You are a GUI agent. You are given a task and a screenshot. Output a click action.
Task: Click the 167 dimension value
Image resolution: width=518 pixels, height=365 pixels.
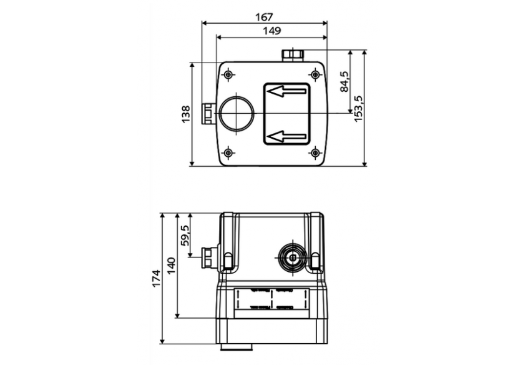pos(264,16)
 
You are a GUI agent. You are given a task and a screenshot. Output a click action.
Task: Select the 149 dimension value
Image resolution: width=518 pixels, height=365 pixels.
pos(271,30)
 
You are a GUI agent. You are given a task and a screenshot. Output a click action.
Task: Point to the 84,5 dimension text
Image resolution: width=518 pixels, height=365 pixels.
pos(344,82)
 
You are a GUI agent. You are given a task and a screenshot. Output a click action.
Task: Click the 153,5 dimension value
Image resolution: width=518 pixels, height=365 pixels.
pos(359,108)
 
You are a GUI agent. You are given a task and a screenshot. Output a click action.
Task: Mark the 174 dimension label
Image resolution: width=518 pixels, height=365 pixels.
pos(157,278)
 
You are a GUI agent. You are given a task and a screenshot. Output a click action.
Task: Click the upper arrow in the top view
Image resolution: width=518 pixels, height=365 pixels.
pos(286,92)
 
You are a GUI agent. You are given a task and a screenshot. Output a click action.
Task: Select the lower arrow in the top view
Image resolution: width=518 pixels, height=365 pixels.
pos(286,136)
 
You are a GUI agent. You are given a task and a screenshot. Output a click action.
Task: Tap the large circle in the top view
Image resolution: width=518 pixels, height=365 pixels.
pos(237,114)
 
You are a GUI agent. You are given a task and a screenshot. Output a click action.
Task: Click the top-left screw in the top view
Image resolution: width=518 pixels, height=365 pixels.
pos(228,76)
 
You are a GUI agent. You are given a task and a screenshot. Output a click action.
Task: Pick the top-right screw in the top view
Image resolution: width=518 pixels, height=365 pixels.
pos(315,76)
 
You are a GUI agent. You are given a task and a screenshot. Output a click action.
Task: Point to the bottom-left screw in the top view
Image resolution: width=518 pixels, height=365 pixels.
pos(228,152)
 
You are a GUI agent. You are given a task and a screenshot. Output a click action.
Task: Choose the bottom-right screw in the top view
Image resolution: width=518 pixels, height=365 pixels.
pos(315,152)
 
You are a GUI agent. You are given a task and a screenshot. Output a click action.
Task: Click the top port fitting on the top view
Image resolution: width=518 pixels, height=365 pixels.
pos(292,56)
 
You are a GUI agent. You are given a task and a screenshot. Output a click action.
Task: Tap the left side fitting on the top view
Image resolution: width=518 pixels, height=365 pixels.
pos(208,114)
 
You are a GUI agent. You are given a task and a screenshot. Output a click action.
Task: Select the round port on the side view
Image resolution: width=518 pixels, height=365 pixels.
pos(291,256)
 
